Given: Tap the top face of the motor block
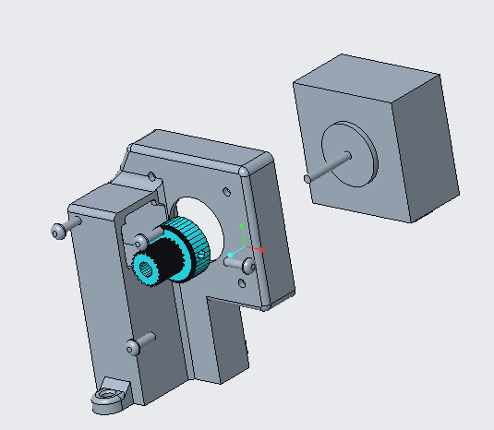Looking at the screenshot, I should click(369, 74).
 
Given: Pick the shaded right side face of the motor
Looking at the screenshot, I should click(429, 148).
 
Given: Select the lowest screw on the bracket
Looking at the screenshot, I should click(135, 347).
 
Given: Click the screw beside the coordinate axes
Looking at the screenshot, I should click(247, 266).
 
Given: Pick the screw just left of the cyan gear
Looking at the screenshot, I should click(140, 241).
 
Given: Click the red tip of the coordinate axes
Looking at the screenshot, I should click(262, 249).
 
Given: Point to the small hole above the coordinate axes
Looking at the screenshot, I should click(224, 193).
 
